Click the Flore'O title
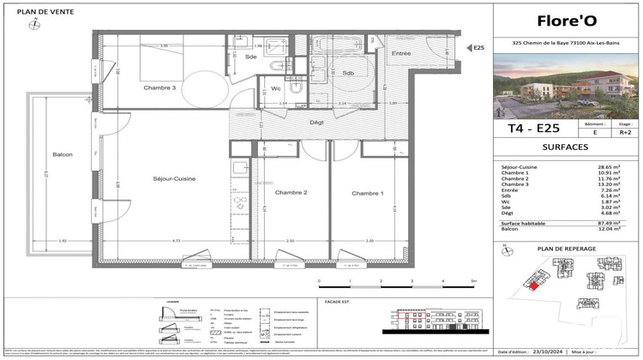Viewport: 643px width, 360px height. coord(566,21)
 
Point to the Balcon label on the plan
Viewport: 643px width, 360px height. coord(61,154)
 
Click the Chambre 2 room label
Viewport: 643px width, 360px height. coord(291,193)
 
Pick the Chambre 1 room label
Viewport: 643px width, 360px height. coord(368,193)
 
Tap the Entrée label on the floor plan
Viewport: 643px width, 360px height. coord(400,54)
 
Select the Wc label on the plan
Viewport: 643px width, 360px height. coord(276,88)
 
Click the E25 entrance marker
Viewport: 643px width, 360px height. coord(478,49)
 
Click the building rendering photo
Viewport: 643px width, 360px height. coord(566,86)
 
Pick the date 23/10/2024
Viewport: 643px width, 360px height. coord(558,351)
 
